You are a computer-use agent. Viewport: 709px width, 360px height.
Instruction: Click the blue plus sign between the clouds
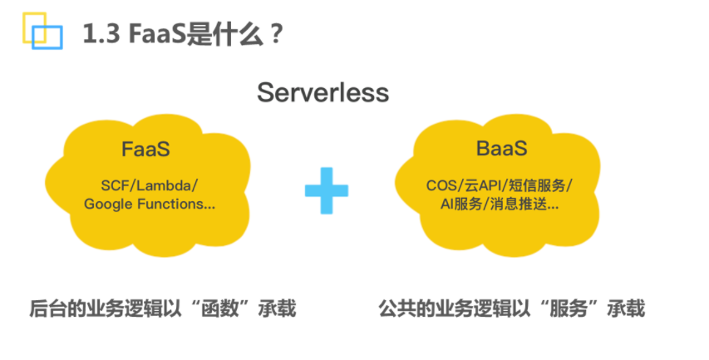click(x=327, y=190)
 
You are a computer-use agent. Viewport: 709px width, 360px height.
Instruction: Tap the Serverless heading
click(x=322, y=93)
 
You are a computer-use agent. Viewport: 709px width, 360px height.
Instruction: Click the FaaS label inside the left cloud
click(x=145, y=149)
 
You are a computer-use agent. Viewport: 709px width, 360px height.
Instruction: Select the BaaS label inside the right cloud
click(x=501, y=148)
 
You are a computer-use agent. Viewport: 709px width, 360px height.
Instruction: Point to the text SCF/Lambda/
click(x=150, y=185)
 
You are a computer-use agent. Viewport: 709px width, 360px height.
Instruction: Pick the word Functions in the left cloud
click(x=170, y=204)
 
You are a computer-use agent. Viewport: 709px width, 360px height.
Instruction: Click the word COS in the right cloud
click(x=441, y=185)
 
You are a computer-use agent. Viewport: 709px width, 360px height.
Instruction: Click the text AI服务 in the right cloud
click(x=461, y=205)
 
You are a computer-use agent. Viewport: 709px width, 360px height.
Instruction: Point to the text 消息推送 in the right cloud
click(x=518, y=205)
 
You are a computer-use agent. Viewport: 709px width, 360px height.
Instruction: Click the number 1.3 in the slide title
click(x=101, y=34)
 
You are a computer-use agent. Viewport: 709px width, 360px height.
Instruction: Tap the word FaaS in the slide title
click(x=157, y=34)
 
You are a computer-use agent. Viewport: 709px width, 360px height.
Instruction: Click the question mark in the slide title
click(x=277, y=34)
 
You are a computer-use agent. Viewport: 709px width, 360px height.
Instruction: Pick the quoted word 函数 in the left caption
click(x=220, y=308)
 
